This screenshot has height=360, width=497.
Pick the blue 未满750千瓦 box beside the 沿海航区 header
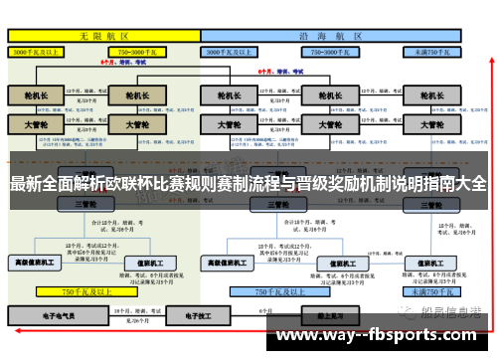coord(436,50)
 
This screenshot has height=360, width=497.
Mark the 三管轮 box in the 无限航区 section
coord(90,204)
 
